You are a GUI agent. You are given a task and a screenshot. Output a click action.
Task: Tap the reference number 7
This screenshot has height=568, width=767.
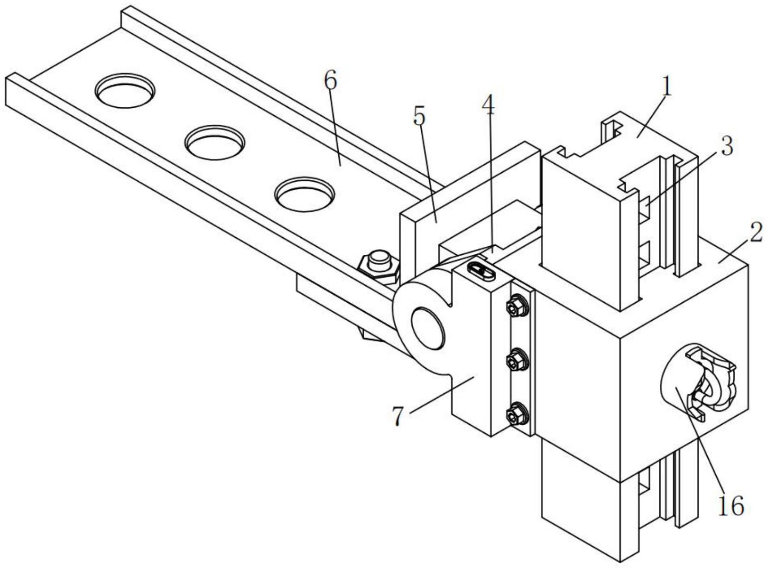[x=398, y=416]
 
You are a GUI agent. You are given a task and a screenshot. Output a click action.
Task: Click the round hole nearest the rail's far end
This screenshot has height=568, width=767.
[x=124, y=90]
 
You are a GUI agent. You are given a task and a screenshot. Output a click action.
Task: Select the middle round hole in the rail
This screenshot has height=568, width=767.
[x=214, y=142]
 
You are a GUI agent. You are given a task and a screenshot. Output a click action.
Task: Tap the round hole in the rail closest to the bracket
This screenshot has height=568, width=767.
[x=305, y=194]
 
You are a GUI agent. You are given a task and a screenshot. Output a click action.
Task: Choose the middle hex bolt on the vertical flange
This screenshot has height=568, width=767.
[x=517, y=360]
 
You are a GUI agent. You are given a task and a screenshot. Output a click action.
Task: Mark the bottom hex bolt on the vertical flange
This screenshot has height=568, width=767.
[x=517, y=414]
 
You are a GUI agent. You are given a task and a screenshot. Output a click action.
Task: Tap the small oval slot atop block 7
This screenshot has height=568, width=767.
[x=481, y=270]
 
